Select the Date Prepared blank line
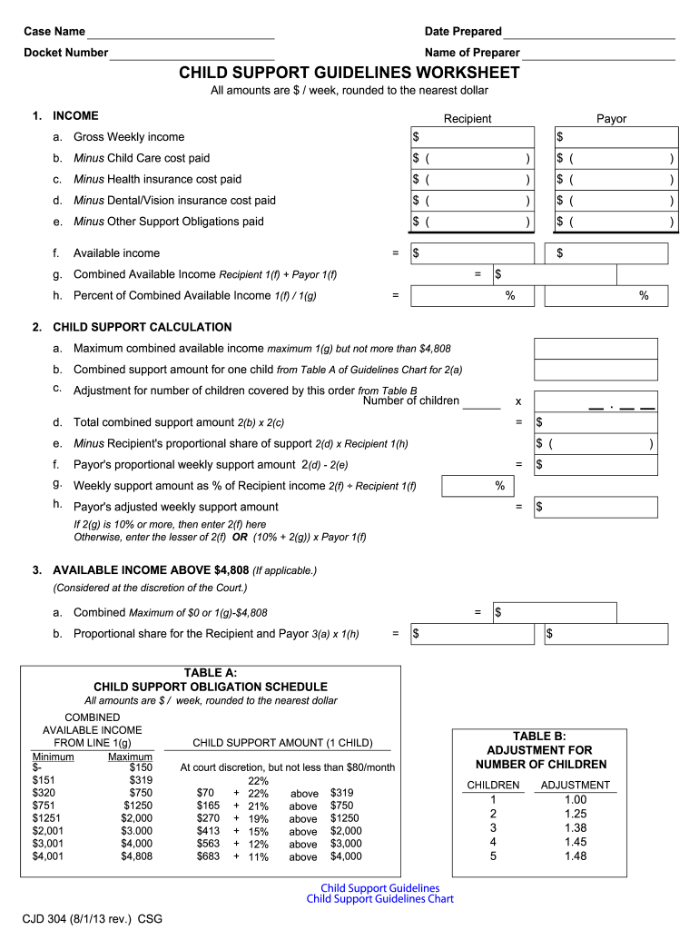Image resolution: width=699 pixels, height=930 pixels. [590, 33]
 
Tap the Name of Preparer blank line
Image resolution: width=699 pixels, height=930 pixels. [599, 54]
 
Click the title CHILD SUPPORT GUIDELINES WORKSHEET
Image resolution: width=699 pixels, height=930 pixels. [349, 73]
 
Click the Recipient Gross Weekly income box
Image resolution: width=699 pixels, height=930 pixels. [472, 137]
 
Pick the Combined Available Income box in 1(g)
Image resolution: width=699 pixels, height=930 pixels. [555, 274]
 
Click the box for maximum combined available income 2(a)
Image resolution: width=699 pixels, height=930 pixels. [596, 349]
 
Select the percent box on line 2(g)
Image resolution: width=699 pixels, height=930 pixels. [476, 487]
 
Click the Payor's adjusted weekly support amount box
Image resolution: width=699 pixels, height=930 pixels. [596, 507]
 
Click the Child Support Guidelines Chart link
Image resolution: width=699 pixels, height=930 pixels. [379, 899]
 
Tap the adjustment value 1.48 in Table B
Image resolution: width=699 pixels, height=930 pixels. [576, 856]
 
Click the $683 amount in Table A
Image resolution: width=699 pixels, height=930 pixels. [208, 856]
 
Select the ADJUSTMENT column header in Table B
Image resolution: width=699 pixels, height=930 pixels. [576, 785]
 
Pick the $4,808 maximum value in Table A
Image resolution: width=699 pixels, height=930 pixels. [136, 856]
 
